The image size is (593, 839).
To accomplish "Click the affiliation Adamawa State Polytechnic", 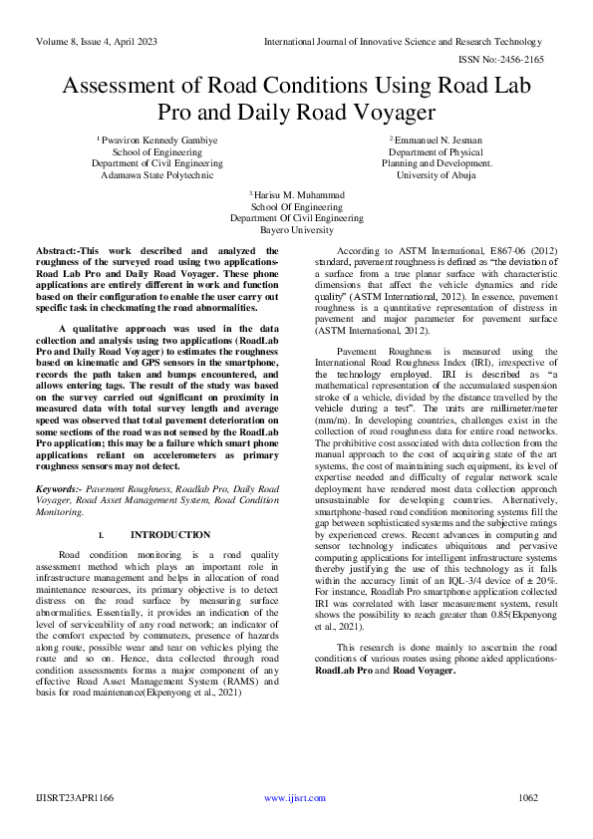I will pyautogui.click(x=157, y=174).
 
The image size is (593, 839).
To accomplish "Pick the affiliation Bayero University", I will pyautogui.click(x=296, y=229).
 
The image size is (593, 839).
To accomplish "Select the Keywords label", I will pyautogui.click(x=59, y=490).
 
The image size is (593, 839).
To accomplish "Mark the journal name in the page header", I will pyautogui.click(x=403, y=42).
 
